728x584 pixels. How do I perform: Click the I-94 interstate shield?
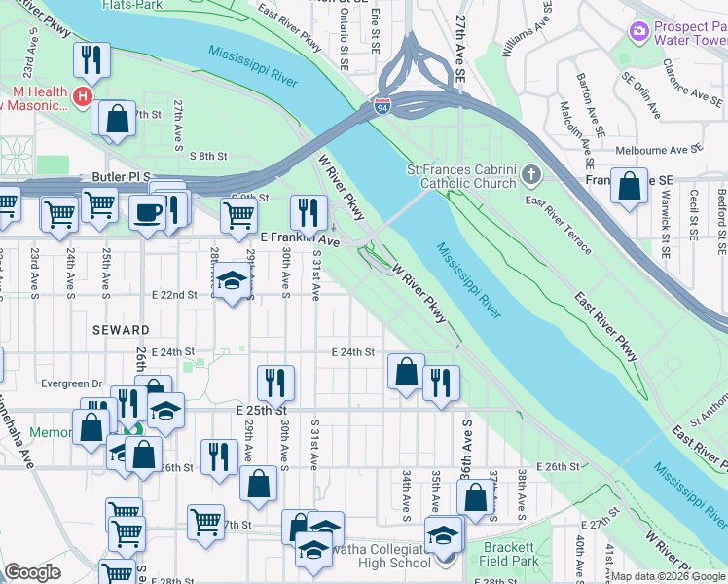point(382,107)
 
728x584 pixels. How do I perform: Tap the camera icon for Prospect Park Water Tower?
point(639,31)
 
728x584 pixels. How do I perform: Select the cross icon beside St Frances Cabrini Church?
point(529,176)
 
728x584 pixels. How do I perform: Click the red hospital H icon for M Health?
point(84,97)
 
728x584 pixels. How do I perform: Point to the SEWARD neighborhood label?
point(121,331)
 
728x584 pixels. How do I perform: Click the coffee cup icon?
point(148,212)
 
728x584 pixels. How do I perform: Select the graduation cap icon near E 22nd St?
point(232,281)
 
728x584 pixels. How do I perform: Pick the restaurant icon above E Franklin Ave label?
point(309,210)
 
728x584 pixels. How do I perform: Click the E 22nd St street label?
point(174,294)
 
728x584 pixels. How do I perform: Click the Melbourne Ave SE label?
point(659,151)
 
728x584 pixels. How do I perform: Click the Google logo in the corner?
point(32,572)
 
